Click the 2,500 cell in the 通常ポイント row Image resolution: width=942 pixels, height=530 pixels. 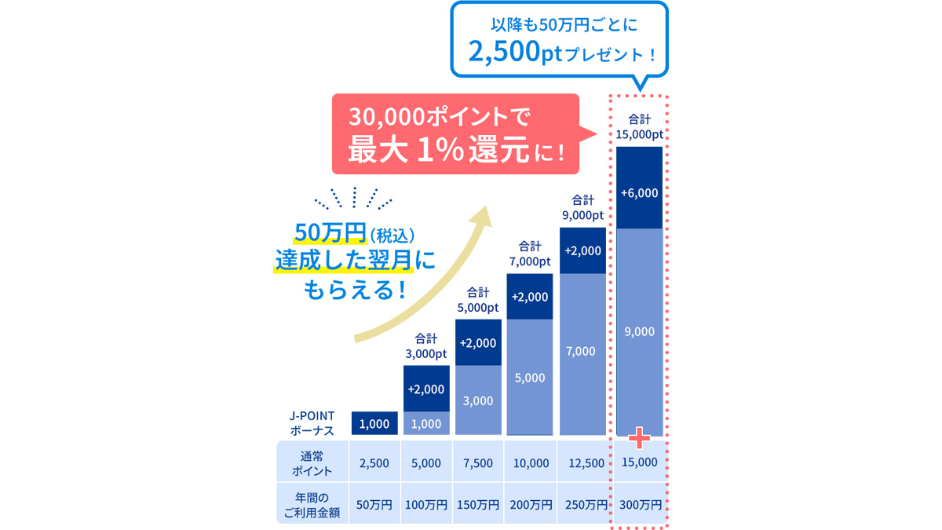coord(374,463)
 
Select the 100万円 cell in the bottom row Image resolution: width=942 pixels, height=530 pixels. coord(425,505)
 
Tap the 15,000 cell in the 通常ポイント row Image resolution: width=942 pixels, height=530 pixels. coord(639,462)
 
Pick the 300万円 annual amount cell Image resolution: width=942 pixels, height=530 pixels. coord(639,505)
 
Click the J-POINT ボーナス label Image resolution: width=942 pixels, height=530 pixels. coord(312,424)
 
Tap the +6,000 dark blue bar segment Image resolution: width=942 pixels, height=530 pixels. coord(639,192)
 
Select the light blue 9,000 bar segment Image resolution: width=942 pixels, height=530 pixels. coord(639,331)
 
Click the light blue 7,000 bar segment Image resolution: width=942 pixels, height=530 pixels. coord(581,351)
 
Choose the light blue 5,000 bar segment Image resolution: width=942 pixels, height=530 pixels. coord(530,378)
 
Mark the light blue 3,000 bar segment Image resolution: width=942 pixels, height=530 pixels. coord(478,400)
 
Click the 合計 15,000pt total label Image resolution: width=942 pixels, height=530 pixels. coord(639,127)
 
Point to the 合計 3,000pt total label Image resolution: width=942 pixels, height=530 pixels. coord(426,346)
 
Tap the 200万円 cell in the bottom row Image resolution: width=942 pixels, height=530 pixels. coord(530,505)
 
